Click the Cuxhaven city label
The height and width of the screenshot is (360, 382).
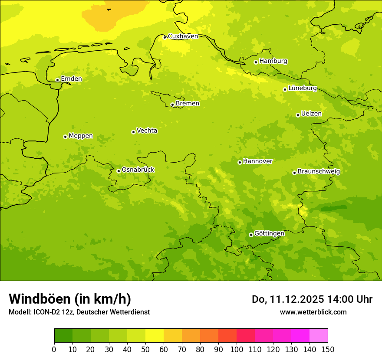183,36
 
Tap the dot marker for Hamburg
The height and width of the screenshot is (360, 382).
256,62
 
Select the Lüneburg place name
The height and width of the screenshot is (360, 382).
303,88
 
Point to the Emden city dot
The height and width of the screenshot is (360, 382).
57,80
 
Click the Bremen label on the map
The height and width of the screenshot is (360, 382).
188,104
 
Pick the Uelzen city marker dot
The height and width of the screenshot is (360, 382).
298,115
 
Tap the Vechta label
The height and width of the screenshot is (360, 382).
147,131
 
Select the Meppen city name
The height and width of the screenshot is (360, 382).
81,136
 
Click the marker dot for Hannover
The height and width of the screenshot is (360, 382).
240,162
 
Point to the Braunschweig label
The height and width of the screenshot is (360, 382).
319,172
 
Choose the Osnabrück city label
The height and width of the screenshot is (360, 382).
138,170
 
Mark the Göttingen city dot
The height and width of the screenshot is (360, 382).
251,235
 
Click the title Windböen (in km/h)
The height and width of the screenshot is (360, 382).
70,299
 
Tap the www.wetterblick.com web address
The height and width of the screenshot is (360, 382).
313,312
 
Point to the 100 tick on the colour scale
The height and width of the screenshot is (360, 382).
237,349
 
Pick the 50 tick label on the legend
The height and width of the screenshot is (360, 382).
145,349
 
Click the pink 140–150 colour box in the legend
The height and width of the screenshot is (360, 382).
319,335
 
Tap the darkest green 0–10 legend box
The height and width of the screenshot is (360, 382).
63,335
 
